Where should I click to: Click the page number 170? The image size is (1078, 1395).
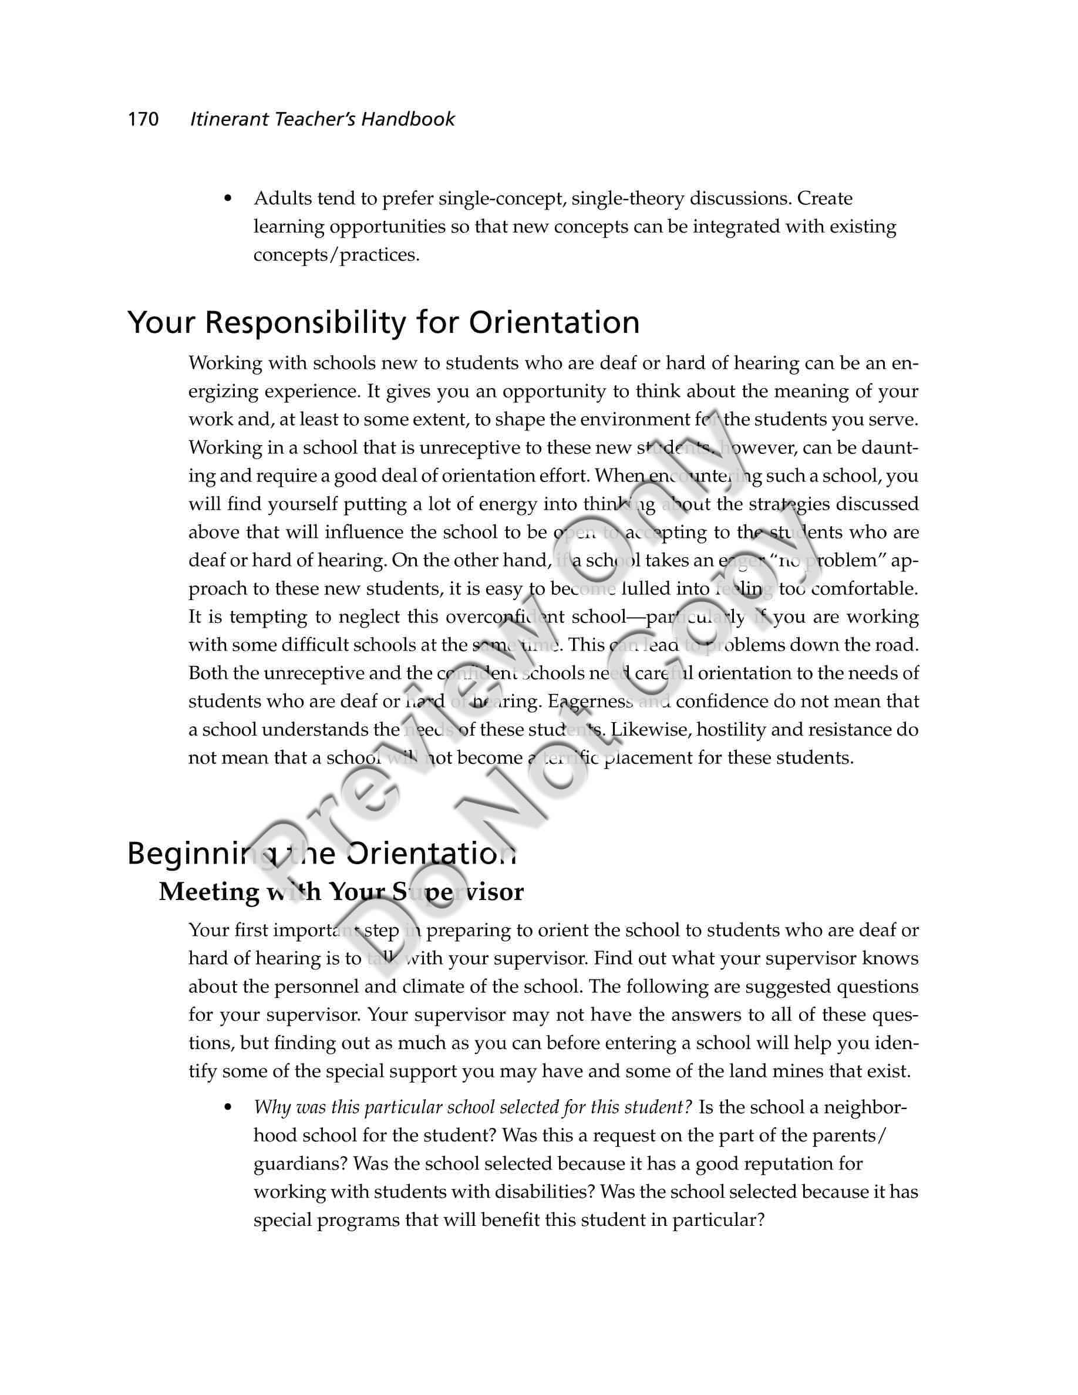tap(143, 119)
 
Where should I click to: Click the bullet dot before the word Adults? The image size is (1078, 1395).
tap(227, 198)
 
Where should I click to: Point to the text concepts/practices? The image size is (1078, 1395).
tap(336, 255)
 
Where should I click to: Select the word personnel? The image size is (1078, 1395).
tap(316, 987)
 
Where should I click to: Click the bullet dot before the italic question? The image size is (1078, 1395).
tap(227, 1107)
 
